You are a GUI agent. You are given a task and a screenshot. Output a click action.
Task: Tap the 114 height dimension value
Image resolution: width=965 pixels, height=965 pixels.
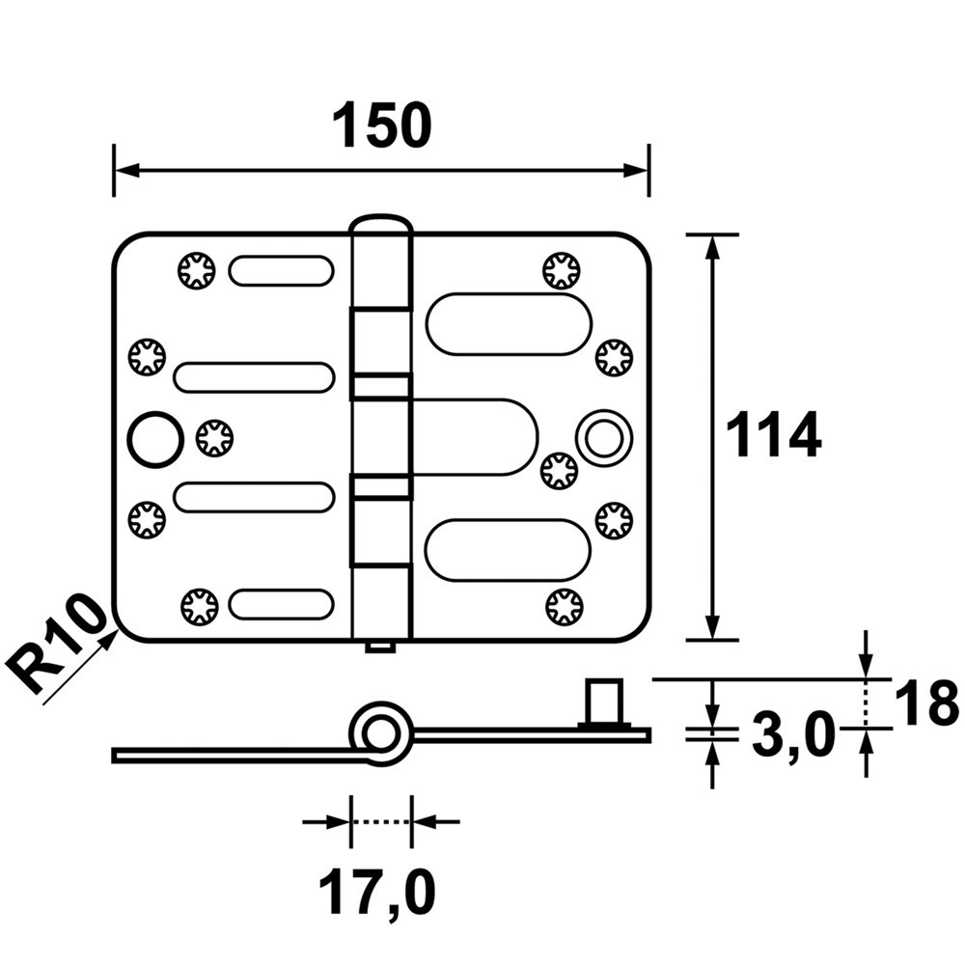pyautogui.click(x=772, y=436)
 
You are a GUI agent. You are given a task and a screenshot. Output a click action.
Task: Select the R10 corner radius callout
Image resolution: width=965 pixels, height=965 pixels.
pyautogui.click(x=60, y=644)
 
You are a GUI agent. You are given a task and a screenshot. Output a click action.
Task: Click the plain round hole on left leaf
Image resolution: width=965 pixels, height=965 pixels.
pyautogui.click(x=153, y=438)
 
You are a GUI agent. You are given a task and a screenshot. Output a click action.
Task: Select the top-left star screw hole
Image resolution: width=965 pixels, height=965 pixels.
pyautogui.click(x=197, y=269)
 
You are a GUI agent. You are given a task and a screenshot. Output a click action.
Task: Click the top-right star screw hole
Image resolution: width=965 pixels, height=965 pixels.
pyautogui.click(x=561, y=269)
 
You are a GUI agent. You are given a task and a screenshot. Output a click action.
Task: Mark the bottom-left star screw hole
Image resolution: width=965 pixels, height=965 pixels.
pyautogui.click(x=199, y=606)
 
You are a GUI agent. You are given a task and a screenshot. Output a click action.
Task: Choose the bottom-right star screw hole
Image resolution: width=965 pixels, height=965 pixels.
pyautogui.click(x=564, y=607)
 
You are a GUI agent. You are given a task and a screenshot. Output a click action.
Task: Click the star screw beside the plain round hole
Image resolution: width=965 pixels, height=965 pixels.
pyautogui.click(x=214, y=438)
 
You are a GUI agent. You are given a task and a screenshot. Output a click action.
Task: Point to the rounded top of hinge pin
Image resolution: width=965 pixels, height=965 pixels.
pyautogui.click(x=381, y=227)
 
